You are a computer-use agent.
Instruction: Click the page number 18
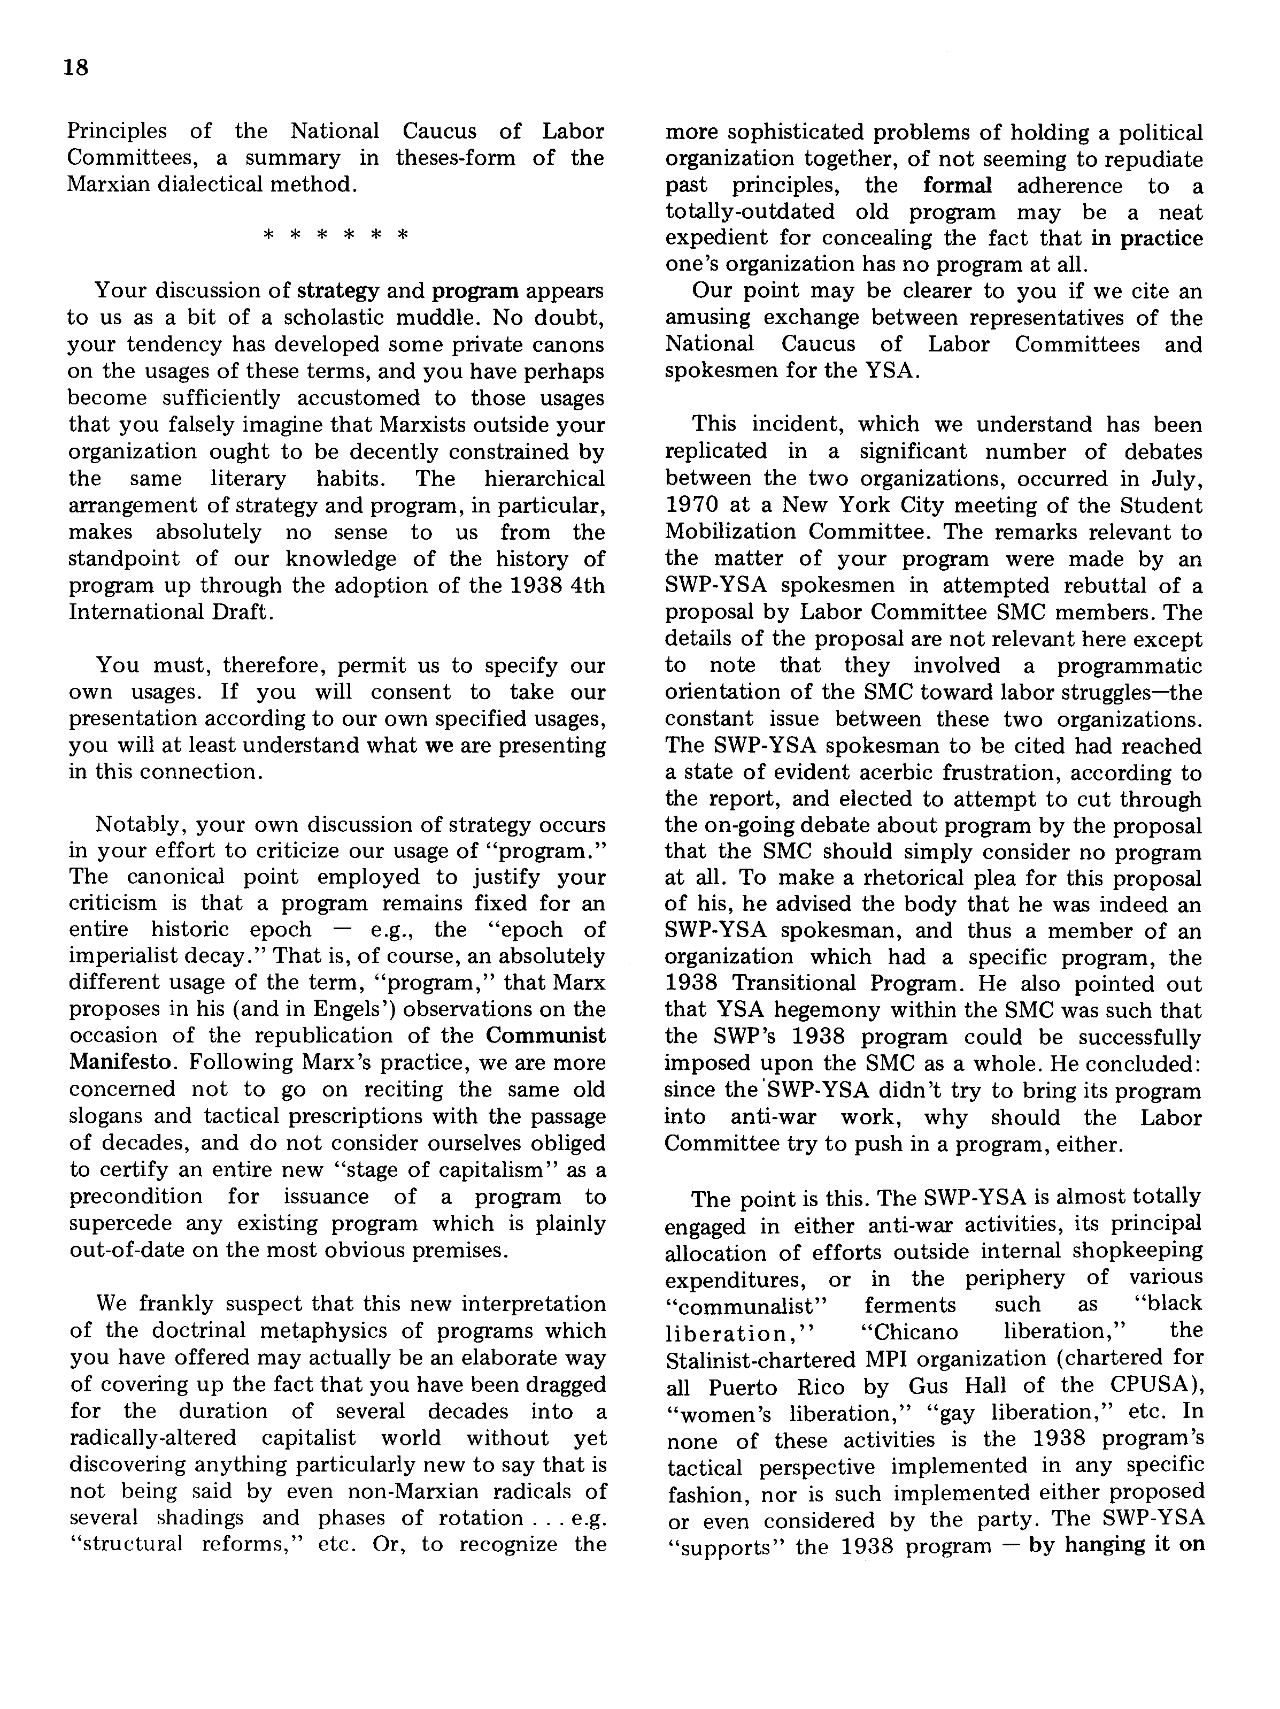pos(76,68)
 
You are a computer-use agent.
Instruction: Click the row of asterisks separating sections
pos(335,235)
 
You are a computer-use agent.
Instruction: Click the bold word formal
pos(957,186)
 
